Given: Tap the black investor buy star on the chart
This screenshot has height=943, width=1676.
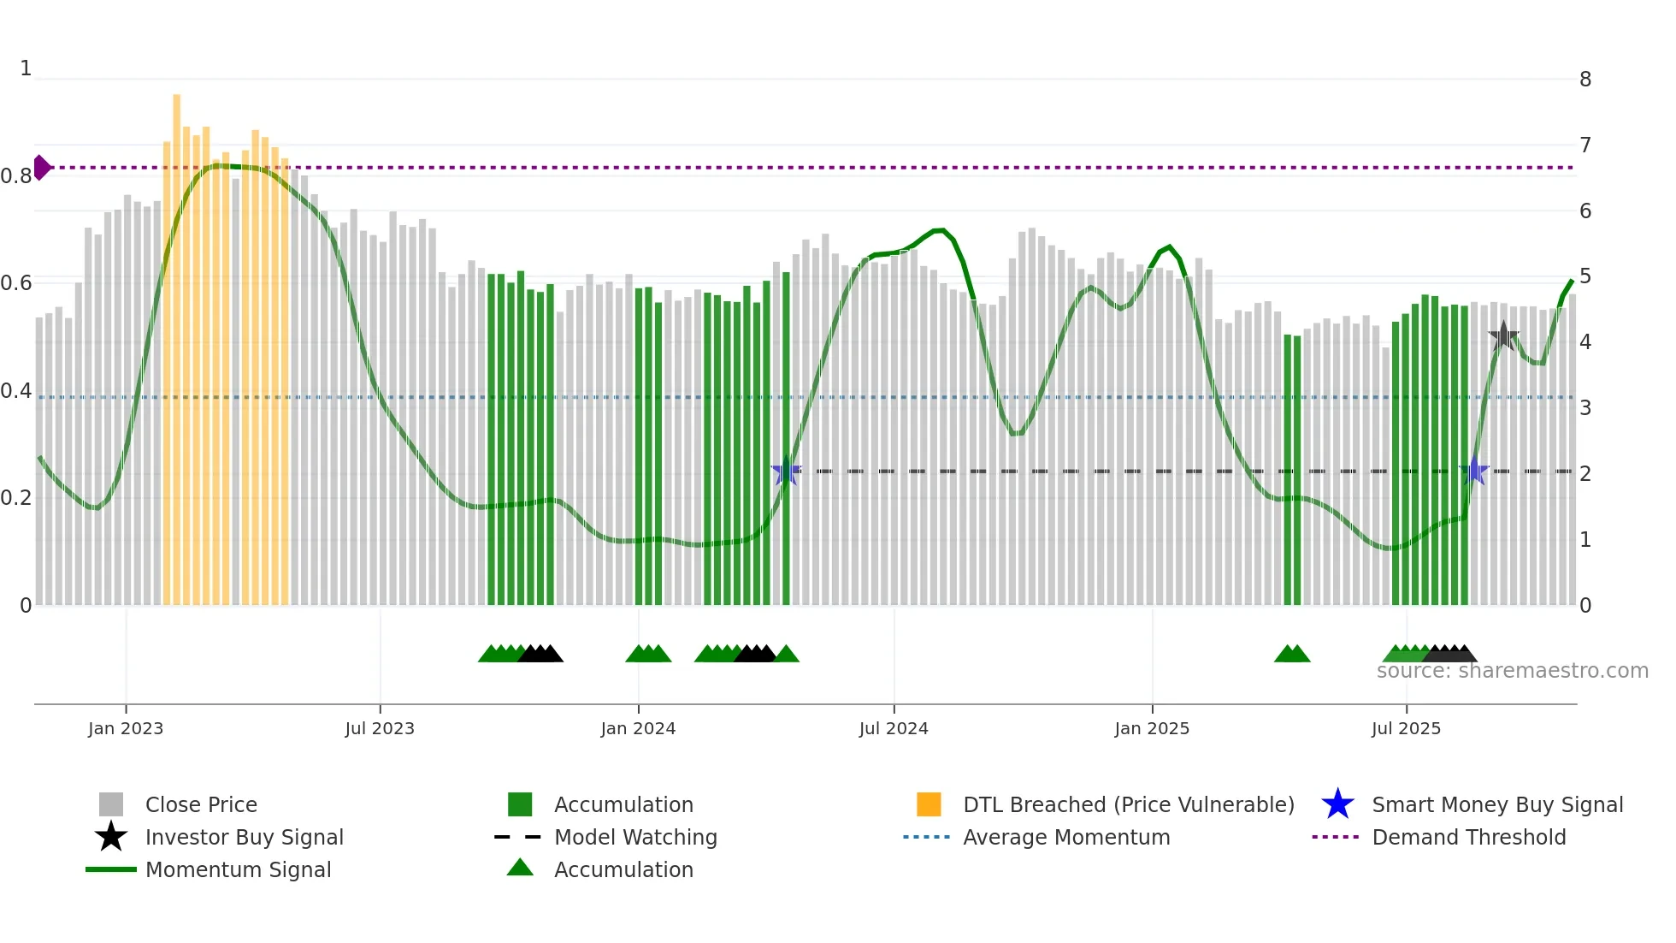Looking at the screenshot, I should (x=1503, y=336).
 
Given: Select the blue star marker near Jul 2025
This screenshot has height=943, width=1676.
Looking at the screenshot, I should (x=1474, y=471).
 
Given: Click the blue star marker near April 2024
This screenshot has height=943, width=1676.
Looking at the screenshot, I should (x=786, y=471).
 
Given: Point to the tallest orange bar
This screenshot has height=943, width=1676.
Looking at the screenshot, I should (x=177, y=342).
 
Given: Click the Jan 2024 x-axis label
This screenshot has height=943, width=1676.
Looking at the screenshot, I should (x=638, y=729).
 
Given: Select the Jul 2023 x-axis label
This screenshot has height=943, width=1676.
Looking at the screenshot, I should (x=380, y=729).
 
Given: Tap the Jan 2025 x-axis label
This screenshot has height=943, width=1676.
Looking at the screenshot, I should (x=1152, y=729).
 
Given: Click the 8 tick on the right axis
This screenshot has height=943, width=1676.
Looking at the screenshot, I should (x=1585, y=80).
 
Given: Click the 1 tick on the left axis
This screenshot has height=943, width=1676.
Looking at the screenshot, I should (x=26, y=68).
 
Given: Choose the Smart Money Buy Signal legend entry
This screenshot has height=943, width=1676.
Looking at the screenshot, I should (x=1496, y=805).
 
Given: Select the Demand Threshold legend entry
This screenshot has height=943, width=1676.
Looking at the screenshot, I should (x=1468, y=838).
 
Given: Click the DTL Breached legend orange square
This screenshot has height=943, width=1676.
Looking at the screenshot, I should (x=929, y=804).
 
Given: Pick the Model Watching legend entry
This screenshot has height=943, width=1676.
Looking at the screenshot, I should (x=635, y=838).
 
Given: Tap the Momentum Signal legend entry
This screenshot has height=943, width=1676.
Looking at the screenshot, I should (x=238, y=870).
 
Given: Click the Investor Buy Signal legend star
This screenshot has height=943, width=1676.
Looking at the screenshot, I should (x=111, y=837).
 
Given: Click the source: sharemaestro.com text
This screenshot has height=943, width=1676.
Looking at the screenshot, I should (x=1512, y=671).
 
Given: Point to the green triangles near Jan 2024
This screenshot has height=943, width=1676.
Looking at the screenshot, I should (x=648, y=654).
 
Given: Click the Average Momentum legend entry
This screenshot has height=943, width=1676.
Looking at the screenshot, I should (x=1065, y=838).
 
